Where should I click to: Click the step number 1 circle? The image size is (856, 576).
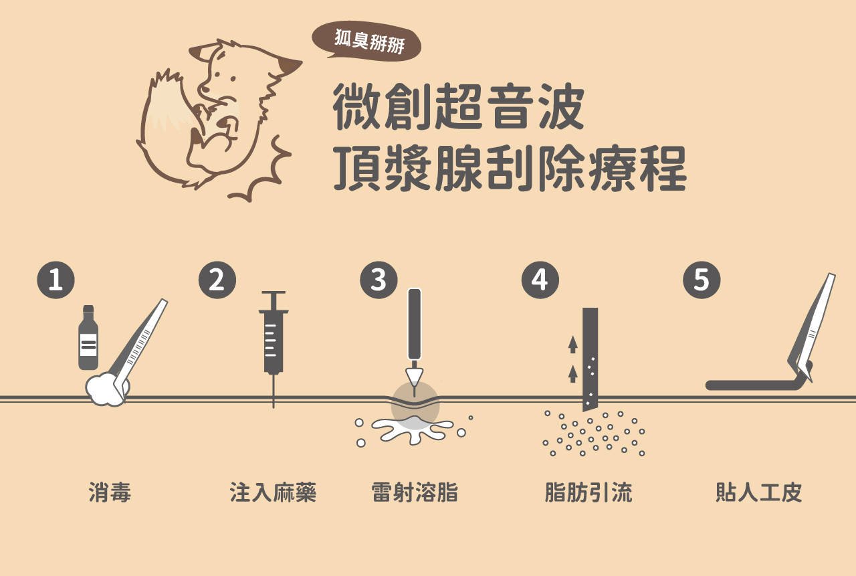[x=56, y=280]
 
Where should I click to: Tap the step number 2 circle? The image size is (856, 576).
[x=217, y=280]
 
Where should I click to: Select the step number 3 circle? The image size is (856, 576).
[x=379, y=280]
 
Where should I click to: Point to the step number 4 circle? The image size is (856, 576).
[x=540, y=280]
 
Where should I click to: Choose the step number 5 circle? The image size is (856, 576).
[x=702, y=280]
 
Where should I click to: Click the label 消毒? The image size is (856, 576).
[x=110, y=492]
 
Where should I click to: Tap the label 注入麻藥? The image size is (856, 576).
[x=273, y=492]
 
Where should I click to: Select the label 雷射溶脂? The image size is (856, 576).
[x=415, y=492]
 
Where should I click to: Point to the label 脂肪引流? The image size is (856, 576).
[x=588, y=492]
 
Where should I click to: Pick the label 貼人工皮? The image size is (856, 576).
[x=758, y=492]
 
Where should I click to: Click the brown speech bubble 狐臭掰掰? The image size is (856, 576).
[x=367, y=41]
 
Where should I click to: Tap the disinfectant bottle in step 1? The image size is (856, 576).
[x=88, y=337]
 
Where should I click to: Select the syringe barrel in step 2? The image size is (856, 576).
[x=274, y=343]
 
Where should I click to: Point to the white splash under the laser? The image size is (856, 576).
[x=413, y=430]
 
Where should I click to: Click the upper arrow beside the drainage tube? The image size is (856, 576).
[x=572, y=345]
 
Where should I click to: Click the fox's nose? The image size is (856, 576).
[x=205, y=89]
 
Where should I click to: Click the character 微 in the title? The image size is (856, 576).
[x=357, y=106]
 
